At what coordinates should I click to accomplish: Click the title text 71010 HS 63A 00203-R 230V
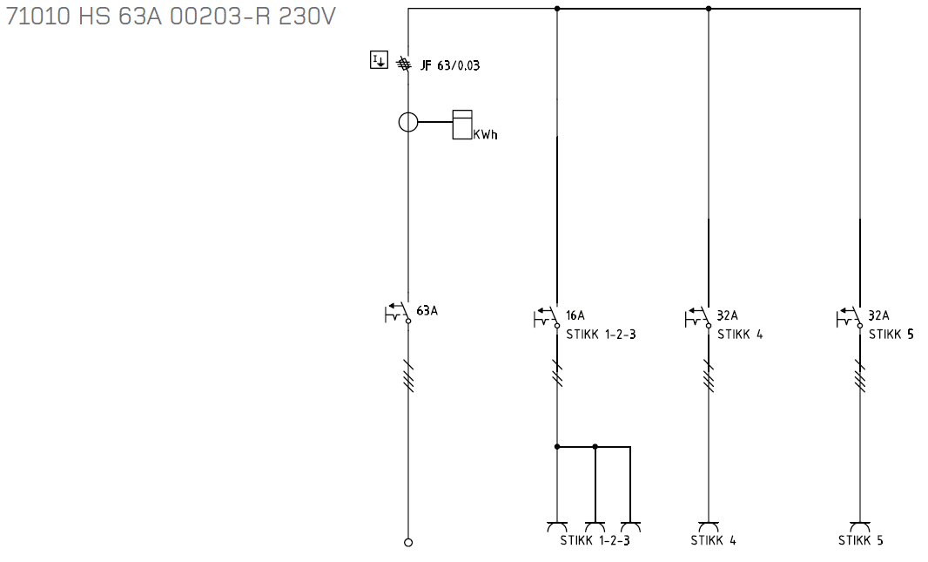click(x=171, y=17)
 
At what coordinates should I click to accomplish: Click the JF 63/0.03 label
click(x=450, y=65)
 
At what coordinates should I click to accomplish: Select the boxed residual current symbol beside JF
click(x=379, y=60)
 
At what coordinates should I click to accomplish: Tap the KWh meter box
click(x=462, y=125)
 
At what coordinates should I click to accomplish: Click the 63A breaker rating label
click(x=427, y=311)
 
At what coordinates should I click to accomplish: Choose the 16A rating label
click(x=575, y=315)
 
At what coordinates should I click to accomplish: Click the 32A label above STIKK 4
click(x=728, y=315)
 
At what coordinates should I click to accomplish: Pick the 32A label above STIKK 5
click(x=879, y=315)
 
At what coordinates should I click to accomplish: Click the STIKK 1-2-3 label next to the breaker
click(x=601, y=335)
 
